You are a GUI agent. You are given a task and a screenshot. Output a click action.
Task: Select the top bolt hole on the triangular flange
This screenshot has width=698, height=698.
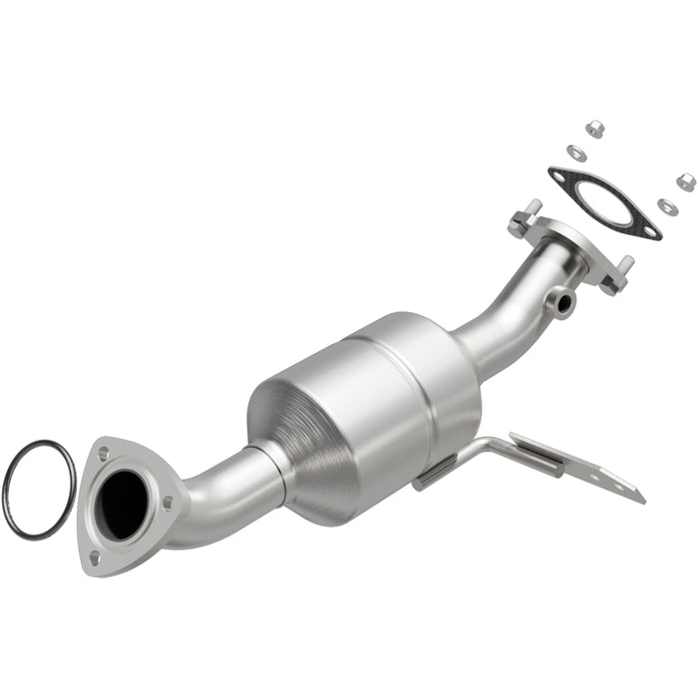click(x=103, y=454)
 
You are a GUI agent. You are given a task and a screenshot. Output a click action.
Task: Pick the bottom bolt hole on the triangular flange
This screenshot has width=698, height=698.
click(x=94, y=557)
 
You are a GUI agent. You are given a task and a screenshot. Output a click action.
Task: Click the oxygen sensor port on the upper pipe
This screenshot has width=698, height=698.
click(x=563, y=299)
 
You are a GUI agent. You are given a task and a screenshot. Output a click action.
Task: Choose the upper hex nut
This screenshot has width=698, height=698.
click(x=595, y=128)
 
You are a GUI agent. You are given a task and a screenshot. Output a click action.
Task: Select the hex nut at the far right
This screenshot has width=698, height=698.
click(x=686, y=181)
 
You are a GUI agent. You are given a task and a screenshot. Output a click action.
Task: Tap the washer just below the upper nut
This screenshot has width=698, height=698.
click(x=576, y=152)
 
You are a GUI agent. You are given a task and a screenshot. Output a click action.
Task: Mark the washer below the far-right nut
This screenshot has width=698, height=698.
click(x=666, y=206)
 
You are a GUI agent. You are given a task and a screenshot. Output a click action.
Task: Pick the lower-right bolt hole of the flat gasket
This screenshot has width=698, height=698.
click(x=650, y=231)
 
